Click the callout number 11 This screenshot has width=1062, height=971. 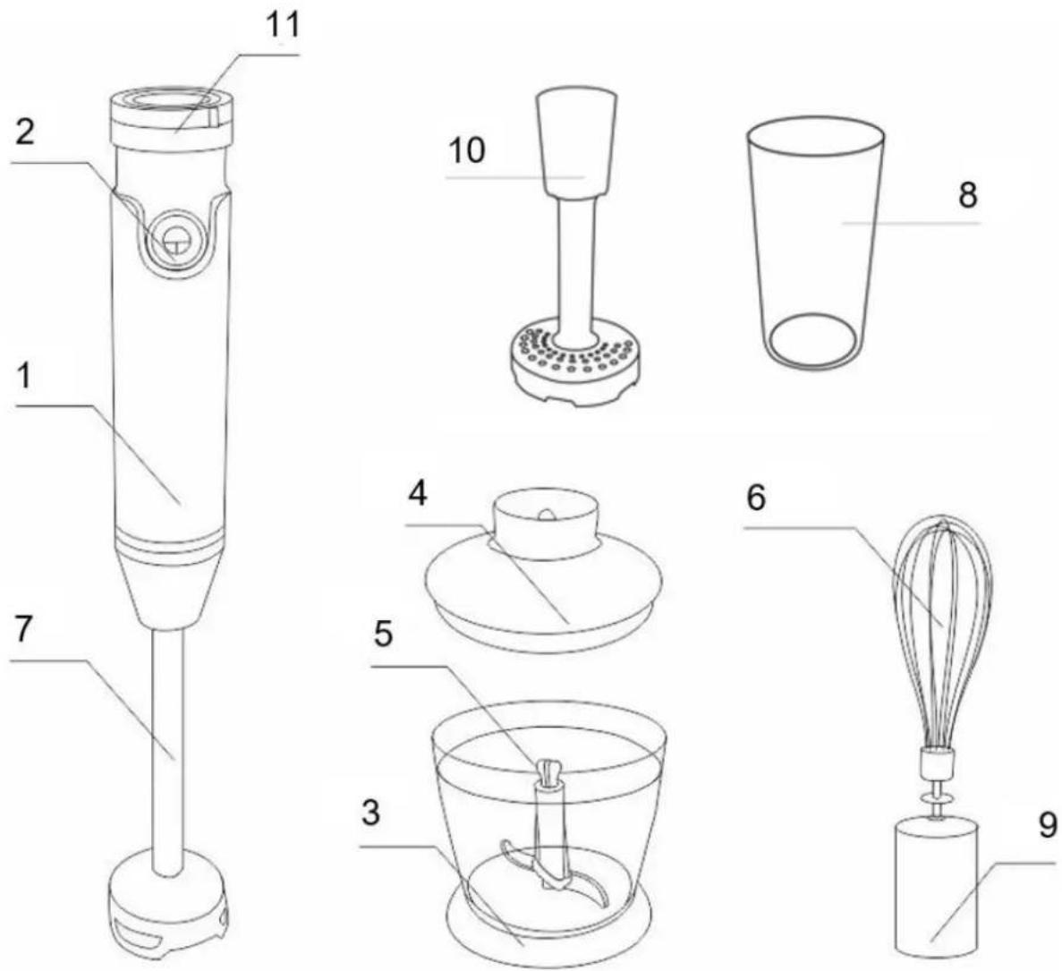(x=281, y=26)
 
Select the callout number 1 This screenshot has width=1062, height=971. (x=25, y=378)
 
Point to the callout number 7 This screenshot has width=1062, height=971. (x=23, y=630)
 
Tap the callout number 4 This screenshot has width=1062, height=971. (x=417, y=495)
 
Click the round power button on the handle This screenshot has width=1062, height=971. (x=175, y=239)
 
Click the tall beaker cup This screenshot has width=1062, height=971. (x=815, y=245)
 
